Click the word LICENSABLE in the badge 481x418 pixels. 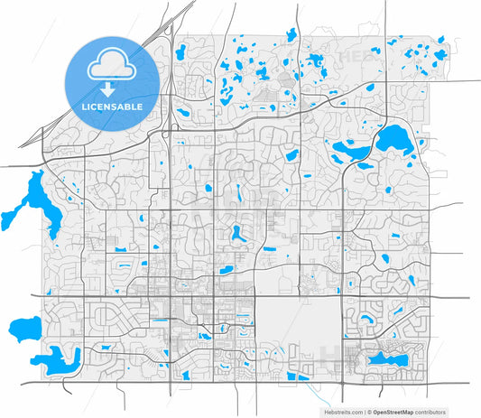tap(112, 107)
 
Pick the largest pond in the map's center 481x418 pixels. tap(238, 233)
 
